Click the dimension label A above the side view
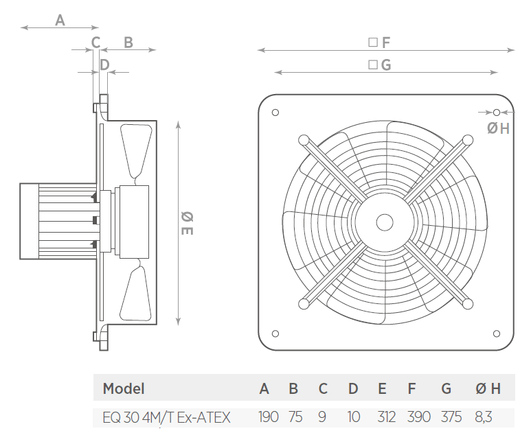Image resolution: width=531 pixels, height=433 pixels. click(x=60, y=21)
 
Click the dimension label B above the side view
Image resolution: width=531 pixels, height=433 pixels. click(x=128, y=43)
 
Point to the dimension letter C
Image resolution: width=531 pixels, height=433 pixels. click(x=95, y=43)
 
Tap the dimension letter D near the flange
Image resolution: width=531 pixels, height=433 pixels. click(x=104, y=65)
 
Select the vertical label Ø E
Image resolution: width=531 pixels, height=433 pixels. click(x=186, y=223)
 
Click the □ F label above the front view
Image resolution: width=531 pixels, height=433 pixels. click(x=379, y=43)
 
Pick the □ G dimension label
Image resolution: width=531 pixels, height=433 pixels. click(x=379, y=65)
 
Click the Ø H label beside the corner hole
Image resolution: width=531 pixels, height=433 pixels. click(x=498, y=128)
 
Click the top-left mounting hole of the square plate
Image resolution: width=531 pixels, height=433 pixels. click(x=275, y=113)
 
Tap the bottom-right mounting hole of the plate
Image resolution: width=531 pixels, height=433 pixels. click(x=496, y=333)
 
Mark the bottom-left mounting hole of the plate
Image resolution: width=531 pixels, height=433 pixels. click(x=275, y=333)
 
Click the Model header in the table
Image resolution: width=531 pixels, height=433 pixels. click(x=124, y=389)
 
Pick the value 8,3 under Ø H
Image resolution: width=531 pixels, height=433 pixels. click(x=483, y=417)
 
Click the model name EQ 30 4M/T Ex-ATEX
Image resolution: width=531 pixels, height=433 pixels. click(x=166, y=417)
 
